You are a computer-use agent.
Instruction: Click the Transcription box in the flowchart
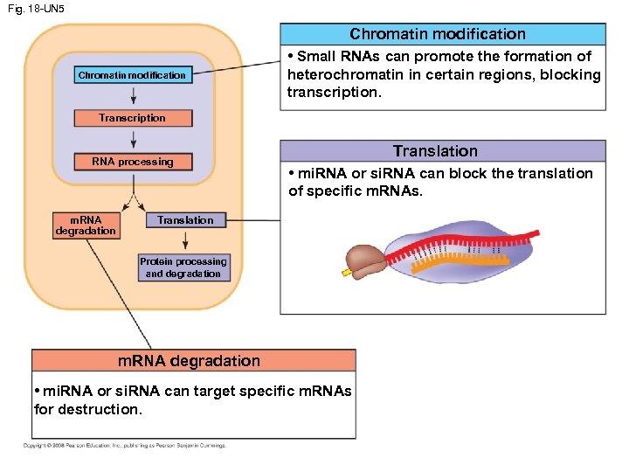pyautogui.click(x=132, y=118)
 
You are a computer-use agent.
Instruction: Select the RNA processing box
pyautogui.click(x=132, y=162)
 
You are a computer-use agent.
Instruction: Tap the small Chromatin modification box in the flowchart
pyautogui.click(x=132, y=75)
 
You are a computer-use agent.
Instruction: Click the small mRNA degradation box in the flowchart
pyautogui.click(x=85, y=226)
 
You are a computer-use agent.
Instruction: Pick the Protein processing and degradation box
pyautogui.click(x=184, y=267)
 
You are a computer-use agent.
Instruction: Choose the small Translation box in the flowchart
pyautogui.click(x=185, y=220)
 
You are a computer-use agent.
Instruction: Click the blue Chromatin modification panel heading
pyautogui.click(x=438, y=34)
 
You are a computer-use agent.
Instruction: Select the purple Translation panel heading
pyautogui.click(x=435, y=151)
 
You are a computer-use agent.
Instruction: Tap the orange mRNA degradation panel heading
pyautogui.click(x=189, y=361)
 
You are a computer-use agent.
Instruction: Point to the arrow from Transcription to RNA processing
pyautogui.click(x=133, y=140)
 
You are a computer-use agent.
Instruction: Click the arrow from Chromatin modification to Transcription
pyautogui.click(x=133, y=96)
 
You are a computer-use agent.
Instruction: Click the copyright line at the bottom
pyautogui.click(x=124, y=446)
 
